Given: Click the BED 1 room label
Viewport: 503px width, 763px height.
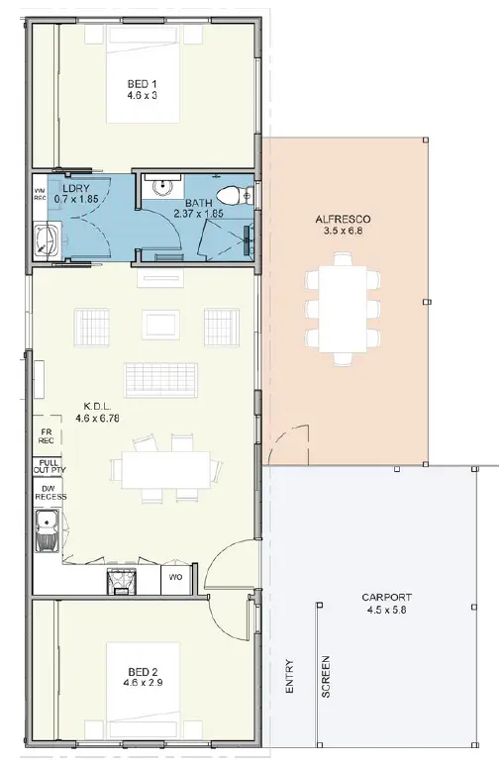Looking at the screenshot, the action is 143,84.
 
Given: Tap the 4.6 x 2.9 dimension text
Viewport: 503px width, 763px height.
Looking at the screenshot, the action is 143,683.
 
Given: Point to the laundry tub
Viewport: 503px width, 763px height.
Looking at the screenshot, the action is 47,239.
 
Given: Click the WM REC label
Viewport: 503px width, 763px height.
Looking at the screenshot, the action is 40,194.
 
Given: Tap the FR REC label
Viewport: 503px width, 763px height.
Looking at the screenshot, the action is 47,436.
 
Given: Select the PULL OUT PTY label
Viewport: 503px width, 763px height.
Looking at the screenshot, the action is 50,466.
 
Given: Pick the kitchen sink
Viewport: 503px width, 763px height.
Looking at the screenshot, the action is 47,530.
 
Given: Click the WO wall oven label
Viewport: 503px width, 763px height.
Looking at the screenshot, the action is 176,577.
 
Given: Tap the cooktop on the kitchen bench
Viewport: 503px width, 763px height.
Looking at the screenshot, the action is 121,581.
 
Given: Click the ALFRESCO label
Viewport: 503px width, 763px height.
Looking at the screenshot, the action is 343,219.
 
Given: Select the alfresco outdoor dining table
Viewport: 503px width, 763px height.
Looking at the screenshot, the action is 343,309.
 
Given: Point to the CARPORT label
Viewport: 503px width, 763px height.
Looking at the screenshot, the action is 386,597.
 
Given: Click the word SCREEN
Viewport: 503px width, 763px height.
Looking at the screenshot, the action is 326,677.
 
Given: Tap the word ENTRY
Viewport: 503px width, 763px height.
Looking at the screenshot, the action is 290,676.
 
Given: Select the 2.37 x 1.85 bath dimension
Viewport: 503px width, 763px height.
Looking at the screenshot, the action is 199,213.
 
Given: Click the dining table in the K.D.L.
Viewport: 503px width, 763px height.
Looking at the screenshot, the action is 166,470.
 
